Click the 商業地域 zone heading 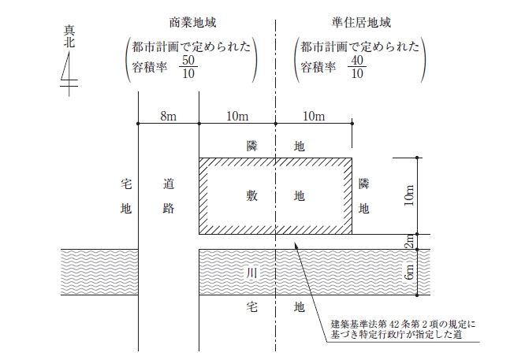[192, 23]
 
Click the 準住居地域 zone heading [361, 23]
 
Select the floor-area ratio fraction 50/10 [188, 67]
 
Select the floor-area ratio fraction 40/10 [357, 67]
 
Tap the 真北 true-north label [69, 37]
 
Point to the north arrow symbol [69, 73]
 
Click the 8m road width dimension [168, 116]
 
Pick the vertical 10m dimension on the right [410, 195]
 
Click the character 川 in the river [251, 273]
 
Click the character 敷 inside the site [251, 195]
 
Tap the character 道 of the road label [169, 184]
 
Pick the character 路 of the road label [169, 209]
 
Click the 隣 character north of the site [251, 147]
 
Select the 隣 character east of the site [364, 184]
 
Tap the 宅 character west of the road [126, 184]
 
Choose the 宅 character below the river [251, 306]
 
